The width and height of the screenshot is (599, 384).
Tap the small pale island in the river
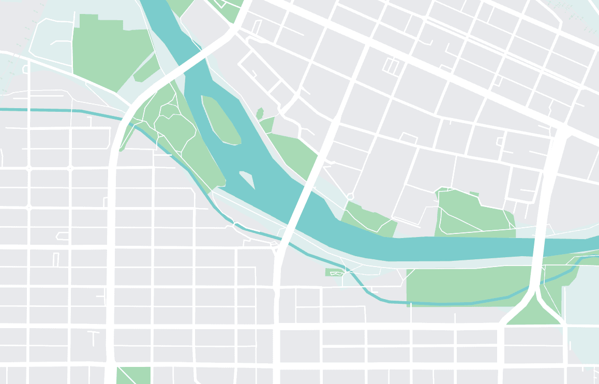(247, 179)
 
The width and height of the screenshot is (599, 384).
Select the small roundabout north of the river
(350, 197)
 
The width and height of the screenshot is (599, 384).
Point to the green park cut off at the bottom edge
(133, 375)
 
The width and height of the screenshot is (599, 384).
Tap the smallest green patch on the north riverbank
(260, 113)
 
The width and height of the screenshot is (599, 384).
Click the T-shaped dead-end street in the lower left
(94, 336)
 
